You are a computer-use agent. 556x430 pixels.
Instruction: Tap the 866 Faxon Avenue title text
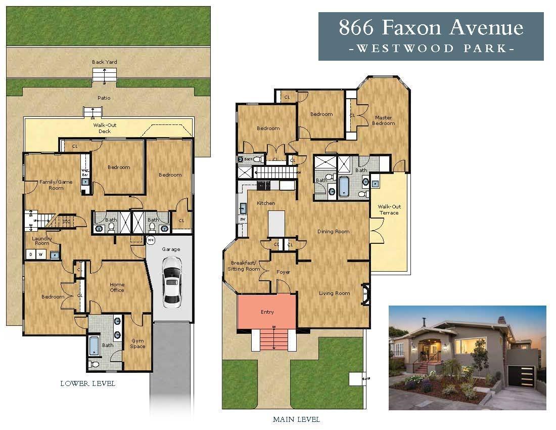pyautogui.click(x=431, y=27)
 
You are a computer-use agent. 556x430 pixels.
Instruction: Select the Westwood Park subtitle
pyautogui.click(x=431, y=49)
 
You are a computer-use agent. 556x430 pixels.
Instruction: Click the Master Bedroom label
pyautogui.click(x=383, y=120)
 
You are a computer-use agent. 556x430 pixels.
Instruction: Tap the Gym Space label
pyautogui.click(x=137, y=343)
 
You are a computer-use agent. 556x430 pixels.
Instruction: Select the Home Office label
pyautogui.click(x=117, y=287)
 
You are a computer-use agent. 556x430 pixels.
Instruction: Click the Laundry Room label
pyautogui.click(x=42, y=240)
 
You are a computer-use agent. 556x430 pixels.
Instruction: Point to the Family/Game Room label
pyautogui.click(x=56, y=185)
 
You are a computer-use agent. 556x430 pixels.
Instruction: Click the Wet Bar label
pyautogui.click(x=85, y=172)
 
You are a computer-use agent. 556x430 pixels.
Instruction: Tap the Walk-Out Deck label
pyautogui.click(x=102, y=127)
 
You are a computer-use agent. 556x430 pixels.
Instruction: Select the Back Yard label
pyautogui.click(x=104, y=62)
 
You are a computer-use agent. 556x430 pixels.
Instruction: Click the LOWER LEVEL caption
pyautogui.click(x=87, y=383)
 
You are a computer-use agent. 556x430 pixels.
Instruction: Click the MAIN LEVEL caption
pyautogui.click(x=296, y=419)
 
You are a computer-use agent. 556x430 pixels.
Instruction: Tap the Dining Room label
pyautogui.click(x=333, y=232)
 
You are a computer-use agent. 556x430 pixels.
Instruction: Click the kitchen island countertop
pyautogui.click(x=276, y=224)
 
